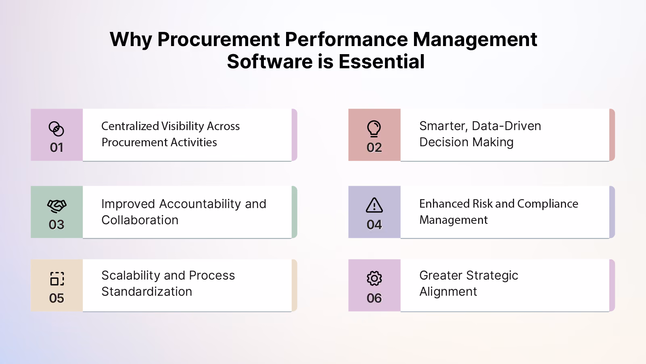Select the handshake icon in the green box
[x=57, y=206]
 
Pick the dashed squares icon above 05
[x=57, y=279]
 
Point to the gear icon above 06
[x=374, y=278]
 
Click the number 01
[x=56, y=147]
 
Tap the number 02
[x=374, y=147]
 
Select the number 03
[x=56, y=225]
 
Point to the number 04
[x=374, y=225]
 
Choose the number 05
[x=56, y=298]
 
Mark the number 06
[x=374, y=298]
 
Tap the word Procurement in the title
[x=219, y=39]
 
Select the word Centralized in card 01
[x=130, y=126]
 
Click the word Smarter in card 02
[x=443, y=126]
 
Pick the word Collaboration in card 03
[x=140, y=220]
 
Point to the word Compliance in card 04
[x=548, y=204]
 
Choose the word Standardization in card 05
[x=147, y=292]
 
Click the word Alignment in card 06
[x=448, y=292]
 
